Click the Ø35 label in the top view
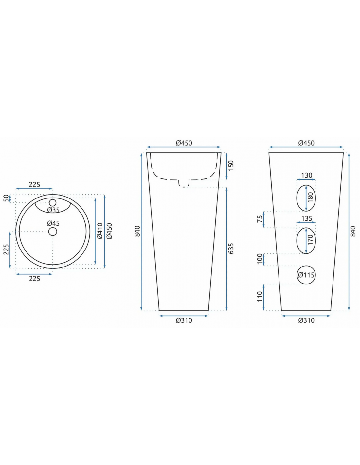pos(53,210)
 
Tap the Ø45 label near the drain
pos(53,223)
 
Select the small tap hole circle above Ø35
pos(52,202)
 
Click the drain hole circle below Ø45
pos(52,232)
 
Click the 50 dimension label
pos(7,198)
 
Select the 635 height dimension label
pos(231,249)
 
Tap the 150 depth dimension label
pos(231,165)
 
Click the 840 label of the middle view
pos(137,231)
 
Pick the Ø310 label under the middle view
pos(184,320)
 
